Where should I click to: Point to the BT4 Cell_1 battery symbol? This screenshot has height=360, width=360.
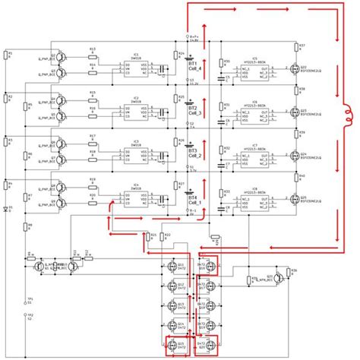point(188,193)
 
